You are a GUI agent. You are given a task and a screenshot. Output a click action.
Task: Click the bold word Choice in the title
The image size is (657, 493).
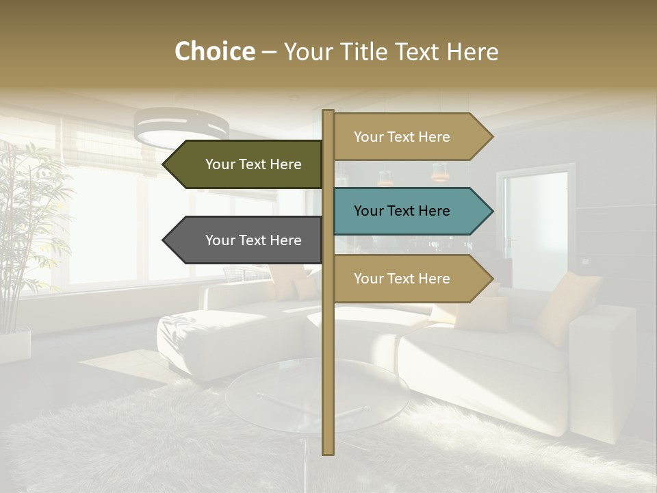(214, 52)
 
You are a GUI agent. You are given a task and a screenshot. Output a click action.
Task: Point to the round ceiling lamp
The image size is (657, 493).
(181, 127)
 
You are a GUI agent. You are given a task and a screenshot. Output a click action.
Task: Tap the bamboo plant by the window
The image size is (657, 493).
(27, 226)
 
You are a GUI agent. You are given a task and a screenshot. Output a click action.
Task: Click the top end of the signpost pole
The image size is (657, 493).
(328, 112)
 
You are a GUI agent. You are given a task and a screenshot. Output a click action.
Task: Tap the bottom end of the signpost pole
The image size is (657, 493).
(328, 453)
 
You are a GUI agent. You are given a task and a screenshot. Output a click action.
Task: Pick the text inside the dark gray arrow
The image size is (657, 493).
(253, 240)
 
